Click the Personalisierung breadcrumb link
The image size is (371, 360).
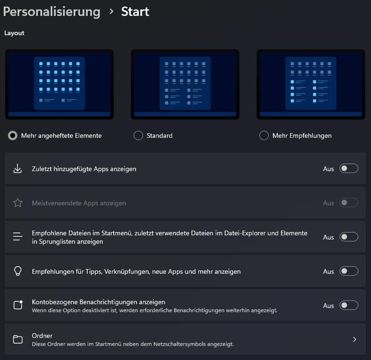pos(52,12)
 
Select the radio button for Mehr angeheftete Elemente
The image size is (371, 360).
pos(13,135)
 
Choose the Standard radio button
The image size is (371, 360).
pos(138,135)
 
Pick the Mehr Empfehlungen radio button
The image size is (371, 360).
pos(264,135)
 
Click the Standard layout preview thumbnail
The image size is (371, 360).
pos(185,84)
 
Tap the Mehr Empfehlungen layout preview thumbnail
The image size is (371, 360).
pos(310,84)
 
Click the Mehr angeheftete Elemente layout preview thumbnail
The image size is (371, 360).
pos(60,84)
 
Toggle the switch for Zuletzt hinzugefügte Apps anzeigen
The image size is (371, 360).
pos(349,168)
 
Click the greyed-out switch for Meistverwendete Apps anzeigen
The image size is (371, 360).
pos(349,202)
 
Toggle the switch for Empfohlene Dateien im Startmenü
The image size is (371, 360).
pos(349,237)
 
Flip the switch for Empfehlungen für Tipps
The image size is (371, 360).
pos(349,271)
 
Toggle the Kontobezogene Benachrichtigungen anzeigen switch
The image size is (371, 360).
pos(349,305)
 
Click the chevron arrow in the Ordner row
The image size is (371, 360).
pos(355,339)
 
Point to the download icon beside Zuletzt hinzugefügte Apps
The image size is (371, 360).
pos(17,169)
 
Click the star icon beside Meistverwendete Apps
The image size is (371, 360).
pos(18,202)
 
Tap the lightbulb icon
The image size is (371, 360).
pos(18,271)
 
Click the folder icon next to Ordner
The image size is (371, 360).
pos(18,339)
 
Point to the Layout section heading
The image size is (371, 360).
pos(14,33)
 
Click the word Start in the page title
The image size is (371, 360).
pos(135,12)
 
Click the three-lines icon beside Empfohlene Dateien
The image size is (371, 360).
pos(18,237)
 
